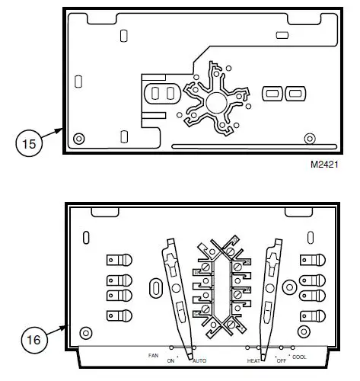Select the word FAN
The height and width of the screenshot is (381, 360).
(154, 355)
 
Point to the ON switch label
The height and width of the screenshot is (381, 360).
(170, 360)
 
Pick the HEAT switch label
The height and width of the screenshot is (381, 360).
(253, 360)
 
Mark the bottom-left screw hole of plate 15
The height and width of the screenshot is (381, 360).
(78, 138)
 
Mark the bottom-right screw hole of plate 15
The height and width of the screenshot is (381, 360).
(309, 138)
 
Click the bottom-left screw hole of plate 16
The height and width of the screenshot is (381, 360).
(86, 333)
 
